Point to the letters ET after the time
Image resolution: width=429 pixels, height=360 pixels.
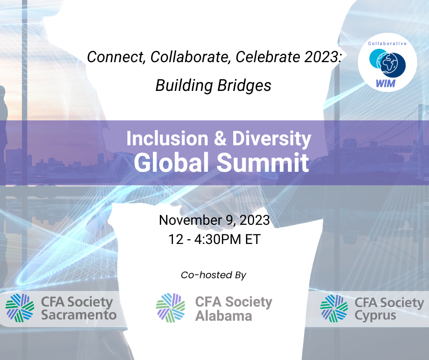coord(252,239)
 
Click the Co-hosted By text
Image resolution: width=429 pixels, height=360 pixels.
coord(214,275)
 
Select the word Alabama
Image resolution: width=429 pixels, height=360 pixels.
coord(223,315)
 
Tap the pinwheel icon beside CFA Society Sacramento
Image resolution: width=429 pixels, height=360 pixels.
coord(20,308)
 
